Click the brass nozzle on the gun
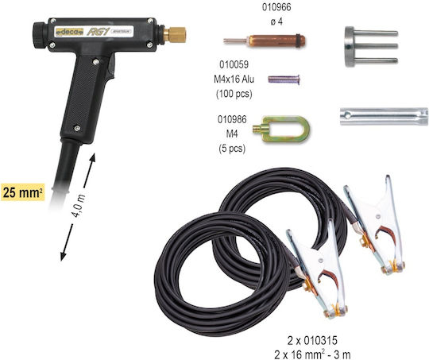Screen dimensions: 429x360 175,35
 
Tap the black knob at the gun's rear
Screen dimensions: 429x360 41,35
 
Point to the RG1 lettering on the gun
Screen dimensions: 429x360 99,32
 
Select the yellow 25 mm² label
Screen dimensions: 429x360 23,192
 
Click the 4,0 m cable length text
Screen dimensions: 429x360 79,206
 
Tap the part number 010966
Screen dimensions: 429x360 276,7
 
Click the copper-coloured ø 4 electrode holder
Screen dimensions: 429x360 265,41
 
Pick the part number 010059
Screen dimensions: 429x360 234,64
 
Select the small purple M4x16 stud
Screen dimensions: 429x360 284,79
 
